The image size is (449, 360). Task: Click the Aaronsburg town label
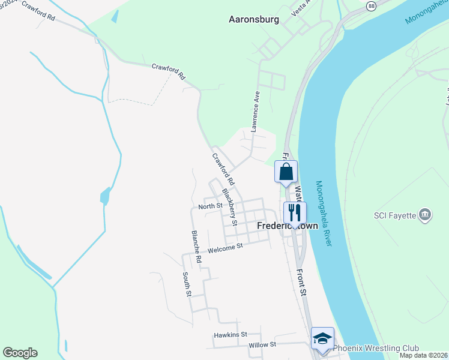pyautogui.click(x=254, y=19)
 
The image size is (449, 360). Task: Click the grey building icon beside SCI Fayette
pyautogui.click(x=425, y=214)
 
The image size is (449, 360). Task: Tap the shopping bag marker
pyautogui.click(x=286, y=172)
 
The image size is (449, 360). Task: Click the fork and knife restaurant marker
pyautogui.click(x=294, y=212)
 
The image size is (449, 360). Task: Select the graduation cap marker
pyautogui.click(x=322, y=338)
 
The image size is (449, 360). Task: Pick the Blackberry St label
pyautogui.click(x=230, y=207)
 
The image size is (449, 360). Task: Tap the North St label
pyautogui.click(x=211, y=206)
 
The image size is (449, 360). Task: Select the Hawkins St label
pyautogui.click(x=231, y=334)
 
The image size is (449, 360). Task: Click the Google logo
pyautogui.click(x=20, y=353)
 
